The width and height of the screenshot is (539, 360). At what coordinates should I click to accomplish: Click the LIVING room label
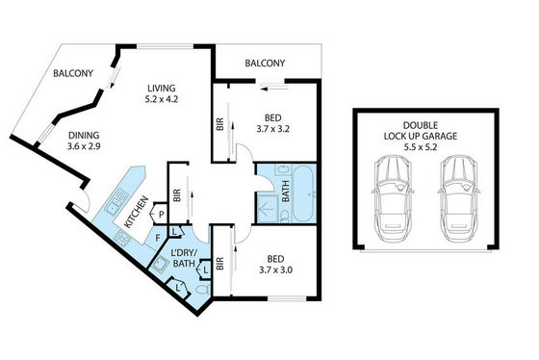click(162, 88)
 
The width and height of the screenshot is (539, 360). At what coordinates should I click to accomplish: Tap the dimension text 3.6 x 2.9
click(84, 146)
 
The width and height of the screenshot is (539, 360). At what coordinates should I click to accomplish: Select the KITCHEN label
click(136, 212)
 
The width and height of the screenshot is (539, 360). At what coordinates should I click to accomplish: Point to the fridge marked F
click(157, 238)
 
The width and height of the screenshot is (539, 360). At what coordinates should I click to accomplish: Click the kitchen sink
click(116, 203)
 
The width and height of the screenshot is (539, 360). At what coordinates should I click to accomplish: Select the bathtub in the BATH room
click(303, 193)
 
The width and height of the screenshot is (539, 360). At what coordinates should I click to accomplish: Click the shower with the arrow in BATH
click(268, 208)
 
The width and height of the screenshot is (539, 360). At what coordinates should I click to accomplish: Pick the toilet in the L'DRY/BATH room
click(203, 289)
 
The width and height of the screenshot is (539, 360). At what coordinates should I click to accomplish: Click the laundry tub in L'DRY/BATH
click(160, 265)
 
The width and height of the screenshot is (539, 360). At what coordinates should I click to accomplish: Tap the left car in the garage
click(393, 198)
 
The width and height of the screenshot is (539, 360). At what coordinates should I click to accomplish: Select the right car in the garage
click(459, 198)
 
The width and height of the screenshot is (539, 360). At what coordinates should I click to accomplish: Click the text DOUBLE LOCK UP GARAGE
click(421, 131)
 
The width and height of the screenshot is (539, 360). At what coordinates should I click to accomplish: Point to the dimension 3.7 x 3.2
click(273, 129)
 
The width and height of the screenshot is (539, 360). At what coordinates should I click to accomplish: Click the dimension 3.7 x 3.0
click(275, 270)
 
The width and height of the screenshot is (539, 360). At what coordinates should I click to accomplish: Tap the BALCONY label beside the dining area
click(73, 73)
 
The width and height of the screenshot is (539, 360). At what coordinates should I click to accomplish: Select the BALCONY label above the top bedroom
click(265, 64)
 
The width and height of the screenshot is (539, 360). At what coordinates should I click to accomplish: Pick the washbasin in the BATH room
click(284, 169)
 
